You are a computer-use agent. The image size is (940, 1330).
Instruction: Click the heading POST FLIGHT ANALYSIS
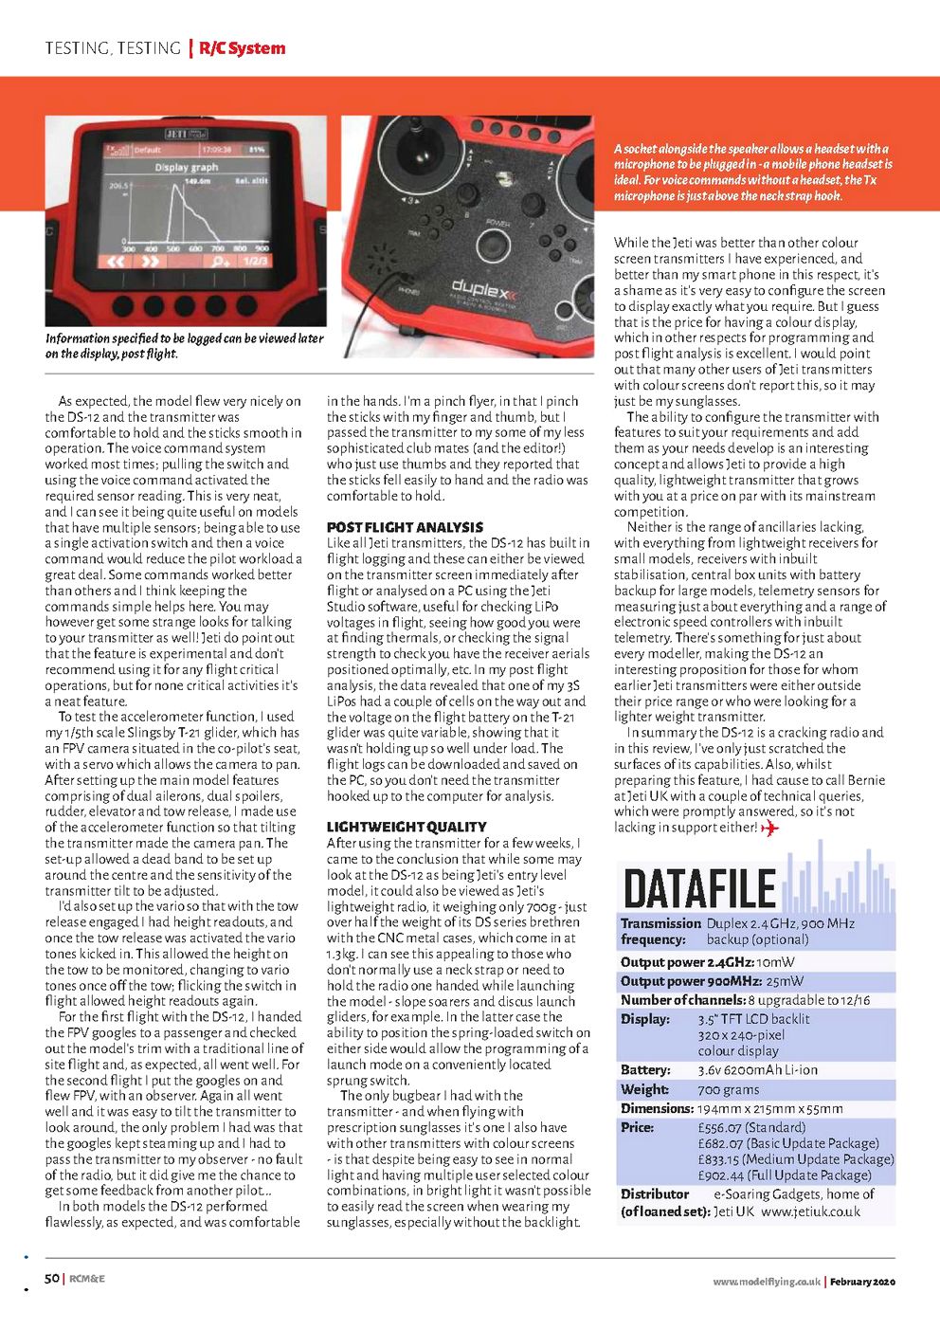tap(405, 527)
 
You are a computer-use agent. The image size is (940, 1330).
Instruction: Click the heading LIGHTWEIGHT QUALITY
tap(407, 827)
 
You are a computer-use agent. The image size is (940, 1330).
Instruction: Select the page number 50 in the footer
tap(52, 1279)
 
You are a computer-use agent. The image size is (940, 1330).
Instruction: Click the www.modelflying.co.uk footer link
tap(767, 1282)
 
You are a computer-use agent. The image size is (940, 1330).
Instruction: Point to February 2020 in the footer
tap(862, 1282)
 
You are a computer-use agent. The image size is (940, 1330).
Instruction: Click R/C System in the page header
tap(243, 48)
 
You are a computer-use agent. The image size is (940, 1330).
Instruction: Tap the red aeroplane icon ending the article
tap(769, 828)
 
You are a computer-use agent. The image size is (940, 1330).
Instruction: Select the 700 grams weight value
tap(729, 1089)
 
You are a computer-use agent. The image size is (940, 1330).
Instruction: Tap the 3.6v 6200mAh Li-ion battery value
tap(757, 1070)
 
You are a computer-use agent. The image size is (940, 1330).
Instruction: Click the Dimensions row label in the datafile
tap(658, 1108)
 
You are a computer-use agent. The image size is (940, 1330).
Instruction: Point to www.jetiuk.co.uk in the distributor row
tap(810, 1211)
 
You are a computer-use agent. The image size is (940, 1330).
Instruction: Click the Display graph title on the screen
tap(187, 167)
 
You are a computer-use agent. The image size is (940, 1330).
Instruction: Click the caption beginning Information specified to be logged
tap(185, 346)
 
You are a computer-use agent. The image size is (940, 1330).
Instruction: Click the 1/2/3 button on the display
tap(255, 261)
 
